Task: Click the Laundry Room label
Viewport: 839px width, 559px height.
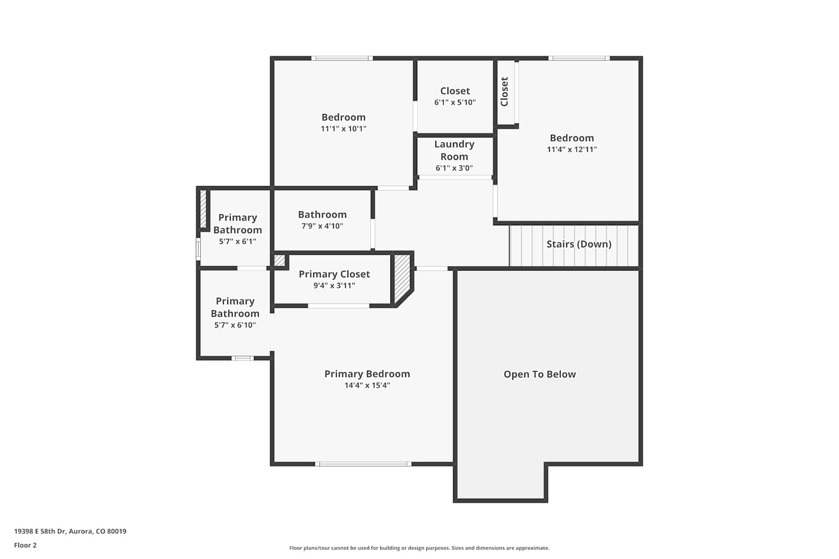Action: [454, 150]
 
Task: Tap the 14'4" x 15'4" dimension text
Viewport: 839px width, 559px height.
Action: [367, 385]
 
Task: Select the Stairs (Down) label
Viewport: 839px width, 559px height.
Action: [579, 244]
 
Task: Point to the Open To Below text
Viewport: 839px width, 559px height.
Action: [539, 374]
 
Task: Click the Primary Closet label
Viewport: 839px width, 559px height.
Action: [334, 274]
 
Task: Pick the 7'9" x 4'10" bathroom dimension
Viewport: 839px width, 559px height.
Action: [322, 226]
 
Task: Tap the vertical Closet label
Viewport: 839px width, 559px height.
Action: [505, 92]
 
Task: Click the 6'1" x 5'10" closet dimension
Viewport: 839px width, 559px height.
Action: [455, 102]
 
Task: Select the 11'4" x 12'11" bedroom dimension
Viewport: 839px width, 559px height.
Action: [572, 149]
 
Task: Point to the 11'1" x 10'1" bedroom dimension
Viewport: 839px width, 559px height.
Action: [343, 129]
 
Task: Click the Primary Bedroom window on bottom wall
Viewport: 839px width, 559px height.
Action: [363, 464]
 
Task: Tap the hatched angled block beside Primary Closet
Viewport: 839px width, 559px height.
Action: [403, 279]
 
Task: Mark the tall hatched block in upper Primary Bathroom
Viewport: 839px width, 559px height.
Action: [203, 209]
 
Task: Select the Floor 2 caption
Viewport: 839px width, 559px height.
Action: [26, 545]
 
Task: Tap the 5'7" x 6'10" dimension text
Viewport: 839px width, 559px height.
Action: [235, 325]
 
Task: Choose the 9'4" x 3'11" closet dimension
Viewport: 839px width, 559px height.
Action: [334, 286]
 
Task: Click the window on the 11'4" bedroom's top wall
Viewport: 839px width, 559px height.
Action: [579, 58]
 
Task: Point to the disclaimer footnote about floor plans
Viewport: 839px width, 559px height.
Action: [419, 548]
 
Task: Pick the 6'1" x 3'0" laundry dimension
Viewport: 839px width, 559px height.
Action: [454, 168]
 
